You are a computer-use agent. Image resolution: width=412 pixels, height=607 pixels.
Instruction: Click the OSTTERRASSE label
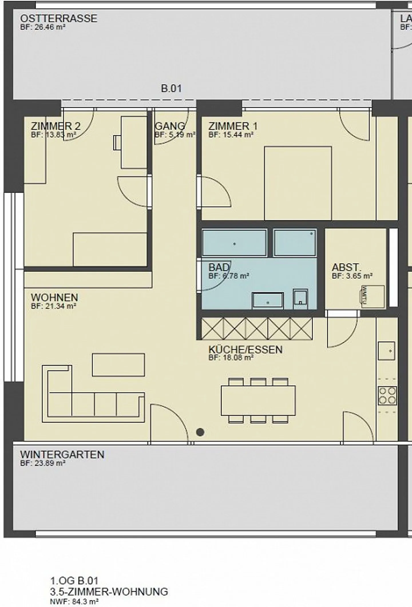pos(59,19)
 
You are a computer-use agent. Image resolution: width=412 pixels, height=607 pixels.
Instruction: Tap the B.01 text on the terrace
pos(171,88)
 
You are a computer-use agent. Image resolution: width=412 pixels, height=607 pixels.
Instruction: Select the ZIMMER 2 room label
pos(56,126)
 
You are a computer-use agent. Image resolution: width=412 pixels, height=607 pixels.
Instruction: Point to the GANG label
pos(170,126)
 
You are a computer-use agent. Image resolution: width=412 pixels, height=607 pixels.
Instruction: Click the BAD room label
pos(219,267)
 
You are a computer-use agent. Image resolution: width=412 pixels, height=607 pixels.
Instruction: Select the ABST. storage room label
pos(346,267)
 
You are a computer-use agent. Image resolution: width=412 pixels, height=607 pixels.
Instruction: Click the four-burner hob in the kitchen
pos(387,396)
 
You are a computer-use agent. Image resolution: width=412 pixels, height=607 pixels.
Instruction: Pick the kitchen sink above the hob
pos(386,351)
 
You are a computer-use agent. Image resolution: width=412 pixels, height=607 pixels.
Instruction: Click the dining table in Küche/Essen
pos(258,400)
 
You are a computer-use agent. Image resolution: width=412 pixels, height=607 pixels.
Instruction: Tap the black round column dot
pos(200,432)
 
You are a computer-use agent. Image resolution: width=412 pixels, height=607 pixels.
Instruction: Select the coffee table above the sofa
pos(118,365)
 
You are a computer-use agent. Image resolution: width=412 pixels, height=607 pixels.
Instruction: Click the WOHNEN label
pos(54,297)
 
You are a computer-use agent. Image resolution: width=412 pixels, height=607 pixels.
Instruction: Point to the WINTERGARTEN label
pos(62,455)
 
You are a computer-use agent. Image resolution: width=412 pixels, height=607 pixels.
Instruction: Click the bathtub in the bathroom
pos(234,243)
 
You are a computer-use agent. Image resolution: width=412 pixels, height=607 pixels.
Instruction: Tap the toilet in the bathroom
pos(300,299)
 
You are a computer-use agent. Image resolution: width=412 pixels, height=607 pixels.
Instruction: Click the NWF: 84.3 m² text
pos(74,602)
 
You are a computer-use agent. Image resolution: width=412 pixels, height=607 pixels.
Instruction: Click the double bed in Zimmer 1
pos(298,183)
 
